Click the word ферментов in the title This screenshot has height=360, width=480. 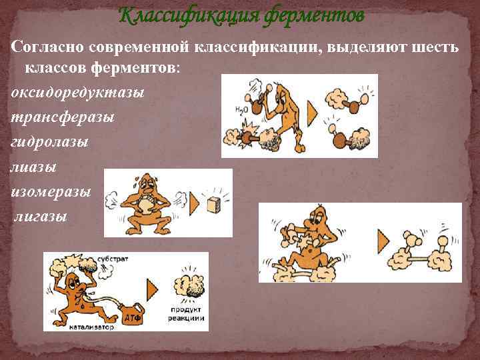pos(314,14)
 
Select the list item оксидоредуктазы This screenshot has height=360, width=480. pos(77,93)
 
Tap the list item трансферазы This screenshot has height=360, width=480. pos(62,117)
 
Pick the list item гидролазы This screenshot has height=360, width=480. pos(50,142)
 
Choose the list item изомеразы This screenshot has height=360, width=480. pos(51,191)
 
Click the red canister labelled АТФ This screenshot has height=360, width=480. pos(130,316)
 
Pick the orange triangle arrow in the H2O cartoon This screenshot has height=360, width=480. pos(313,109)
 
